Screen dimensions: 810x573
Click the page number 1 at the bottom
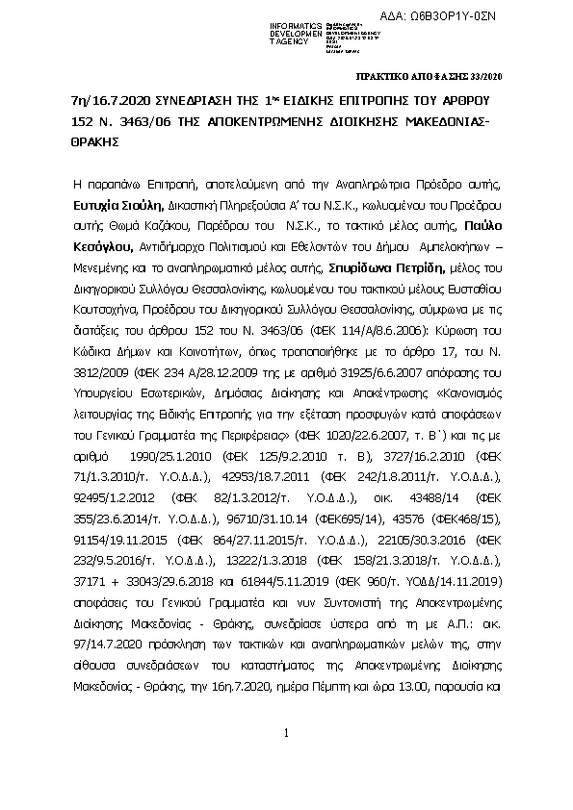coord(286,761)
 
